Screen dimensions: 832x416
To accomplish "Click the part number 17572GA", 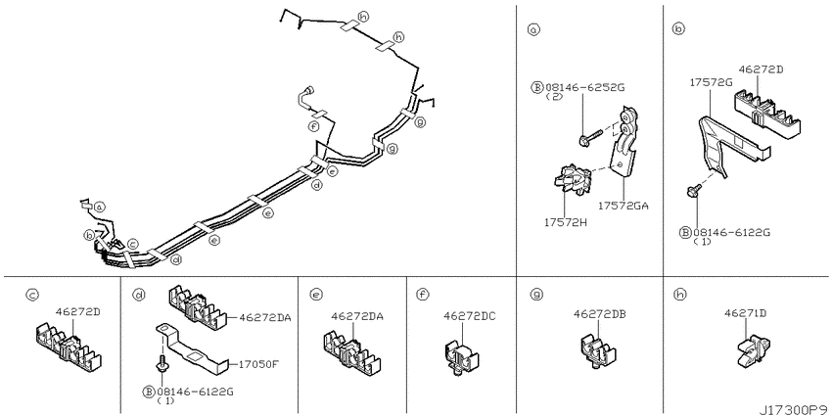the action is pyautogui.click(x=624, y=206).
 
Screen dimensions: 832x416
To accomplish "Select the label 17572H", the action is pyautogui.click(x=565, y=222).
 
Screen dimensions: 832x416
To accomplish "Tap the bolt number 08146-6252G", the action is pyautogui.click(x=584, y=87).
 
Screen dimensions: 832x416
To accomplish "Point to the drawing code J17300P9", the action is pyautogui.click(x=794, y=410).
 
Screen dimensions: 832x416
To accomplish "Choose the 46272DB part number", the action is pyautogui.click(x=600, y=314).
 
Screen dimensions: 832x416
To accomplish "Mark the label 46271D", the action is pyautogui.click(x=746, y=313).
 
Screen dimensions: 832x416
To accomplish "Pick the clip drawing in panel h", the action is pyautogui.click(x=752, y=350).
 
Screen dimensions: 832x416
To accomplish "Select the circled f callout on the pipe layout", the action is pyautogui.click(x=313, y=126).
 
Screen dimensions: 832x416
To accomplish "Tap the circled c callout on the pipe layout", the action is pyautogui.click(x=133, y=244).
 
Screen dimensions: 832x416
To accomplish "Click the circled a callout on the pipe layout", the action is pyautogui.click(x=100, y=207).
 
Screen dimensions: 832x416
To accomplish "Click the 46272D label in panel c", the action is pyautogui.click(x=78, y=311).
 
